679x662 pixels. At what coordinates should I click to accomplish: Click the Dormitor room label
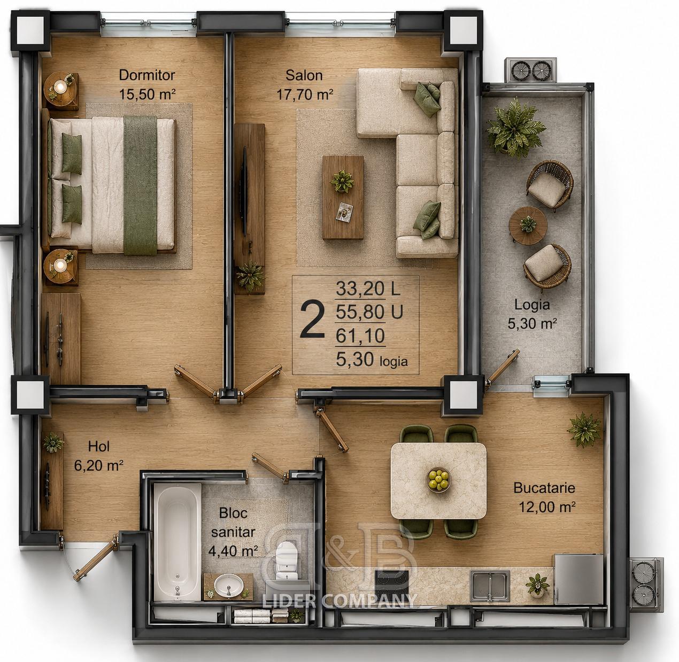(x=147, y=75)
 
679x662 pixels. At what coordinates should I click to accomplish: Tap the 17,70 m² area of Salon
(x=305, y=94)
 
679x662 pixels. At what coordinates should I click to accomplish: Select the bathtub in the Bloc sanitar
(x=178, y=542)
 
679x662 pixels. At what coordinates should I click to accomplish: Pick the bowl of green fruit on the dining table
(x=438, y=480)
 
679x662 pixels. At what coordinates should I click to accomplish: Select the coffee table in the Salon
(x=343, y=197)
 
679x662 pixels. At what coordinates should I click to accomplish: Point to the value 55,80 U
(x=369, y=311)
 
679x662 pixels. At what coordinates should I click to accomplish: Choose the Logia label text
(x=532, y=305)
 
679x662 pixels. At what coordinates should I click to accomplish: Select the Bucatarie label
(x=544, y=488)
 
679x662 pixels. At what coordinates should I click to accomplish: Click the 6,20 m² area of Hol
(x=98, y=465)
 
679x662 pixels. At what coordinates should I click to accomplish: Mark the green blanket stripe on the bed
(x=140, y=185)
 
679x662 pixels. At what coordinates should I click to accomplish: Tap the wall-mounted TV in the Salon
(x=244, y=191)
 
